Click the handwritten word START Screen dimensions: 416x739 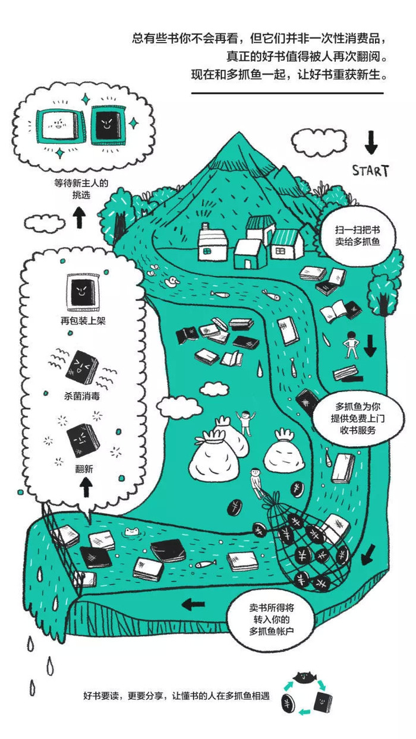point(370,170)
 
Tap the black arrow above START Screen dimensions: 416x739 point(371,142)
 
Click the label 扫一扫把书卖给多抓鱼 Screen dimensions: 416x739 point(358,236)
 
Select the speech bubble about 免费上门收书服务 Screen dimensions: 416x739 point(358,418)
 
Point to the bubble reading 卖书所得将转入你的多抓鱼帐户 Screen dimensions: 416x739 point(271,622)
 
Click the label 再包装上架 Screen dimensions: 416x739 point(83,320)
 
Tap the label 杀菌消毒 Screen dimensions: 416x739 point(82,396)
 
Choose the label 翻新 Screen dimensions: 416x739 point(84,469)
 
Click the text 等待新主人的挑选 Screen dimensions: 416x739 point(81,189)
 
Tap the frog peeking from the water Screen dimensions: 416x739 point(132,531)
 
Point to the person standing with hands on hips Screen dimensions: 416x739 point(352,345)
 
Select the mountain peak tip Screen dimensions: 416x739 point(239,132)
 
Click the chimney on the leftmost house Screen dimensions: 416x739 point(206,226)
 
